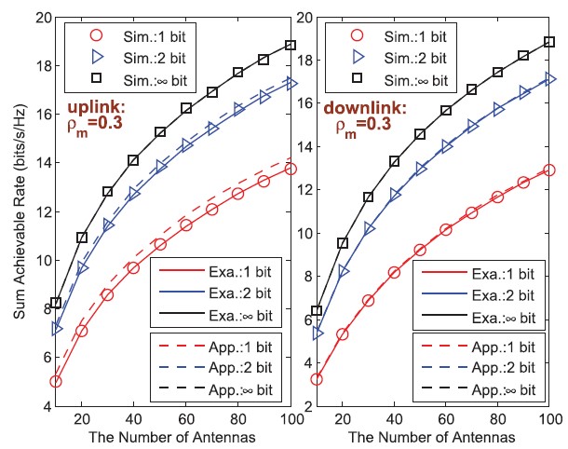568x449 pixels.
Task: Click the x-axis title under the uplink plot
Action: click(x=173, y=438)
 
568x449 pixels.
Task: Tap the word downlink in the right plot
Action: click(x=359, y=108)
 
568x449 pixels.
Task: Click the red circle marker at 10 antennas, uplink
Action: click(x=56, y=381)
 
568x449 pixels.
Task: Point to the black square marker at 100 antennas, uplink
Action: click(x=290, y=45)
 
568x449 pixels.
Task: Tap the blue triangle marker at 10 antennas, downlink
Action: click(x=317, y=333)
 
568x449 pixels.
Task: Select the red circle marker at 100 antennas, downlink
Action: click(x=548, y=170)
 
